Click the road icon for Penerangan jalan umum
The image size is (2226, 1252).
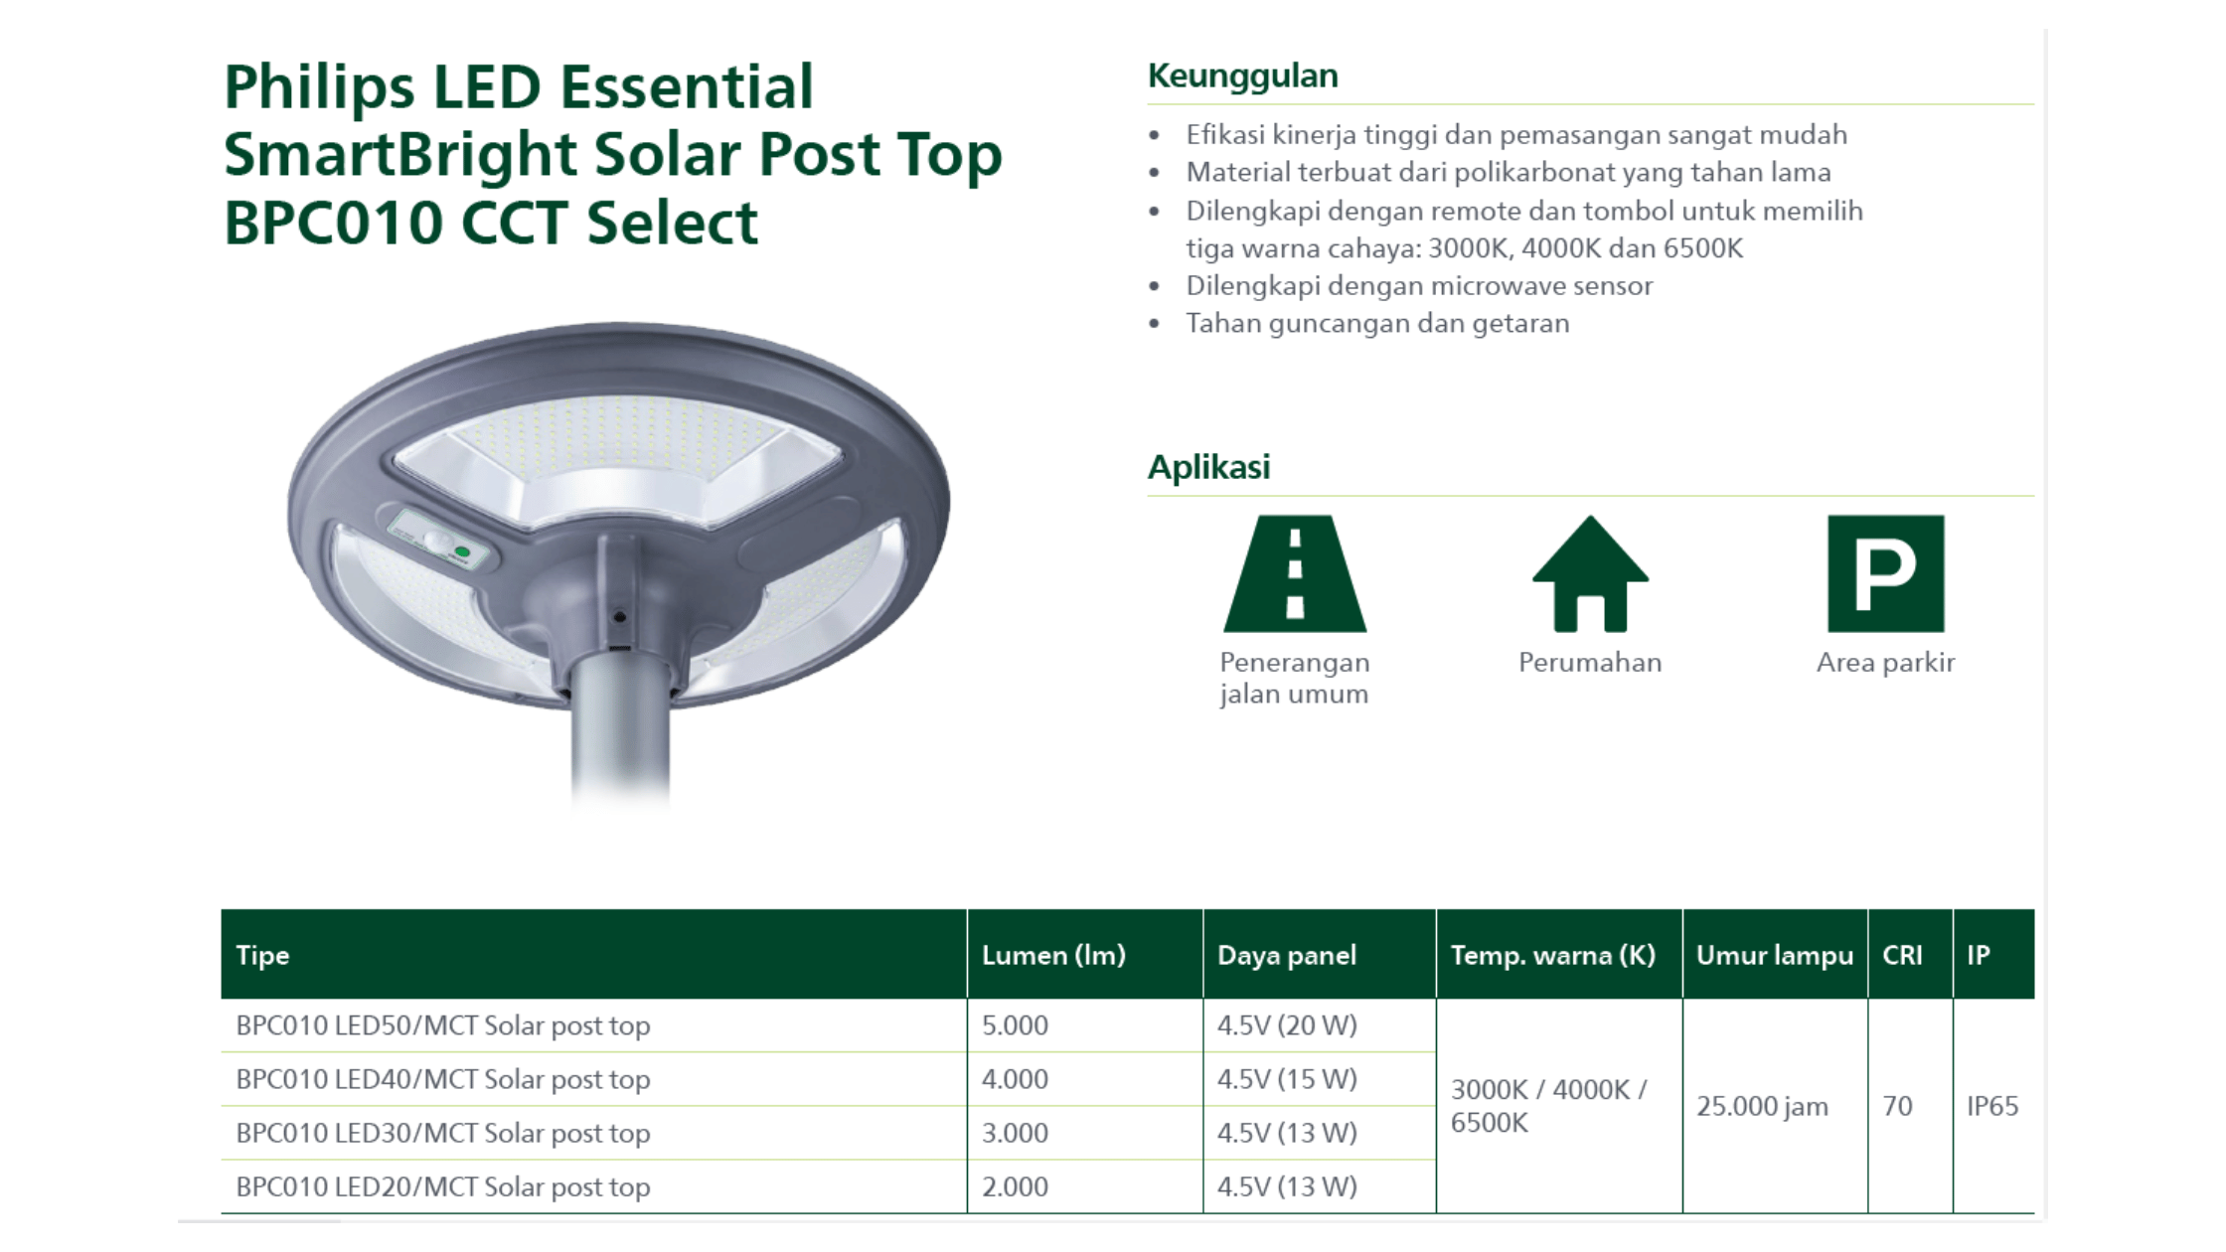click(x=1295, y=573)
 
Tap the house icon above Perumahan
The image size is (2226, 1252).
click(x=1590, y=573)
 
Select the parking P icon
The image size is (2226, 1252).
click(x=1885, y=573)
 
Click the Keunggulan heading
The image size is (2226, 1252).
click(x=1242, y=76)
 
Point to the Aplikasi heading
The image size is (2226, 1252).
click(x=1208, y=467)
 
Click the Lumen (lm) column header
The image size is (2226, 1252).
click(x=1053, y=955)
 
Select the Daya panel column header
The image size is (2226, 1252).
click(x=1287, y=955)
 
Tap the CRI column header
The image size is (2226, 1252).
click(x=1902, y=955)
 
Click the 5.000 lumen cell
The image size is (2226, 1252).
click(x=1015, y=1024)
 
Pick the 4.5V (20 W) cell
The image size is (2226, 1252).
click(x=1287, y=1024)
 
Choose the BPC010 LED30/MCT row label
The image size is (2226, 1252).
click(x=443, y=1133)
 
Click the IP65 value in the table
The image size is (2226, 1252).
click(x=1992, y=1106)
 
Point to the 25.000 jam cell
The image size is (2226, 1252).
click(x=1762, y=1106)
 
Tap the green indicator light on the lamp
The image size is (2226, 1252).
click(x=462, y=551)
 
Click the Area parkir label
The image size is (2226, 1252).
click(x=1885, y=663)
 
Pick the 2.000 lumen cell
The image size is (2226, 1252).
click(x=1015, y=1186)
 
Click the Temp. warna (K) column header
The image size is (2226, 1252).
click(x=1553, y=955)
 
